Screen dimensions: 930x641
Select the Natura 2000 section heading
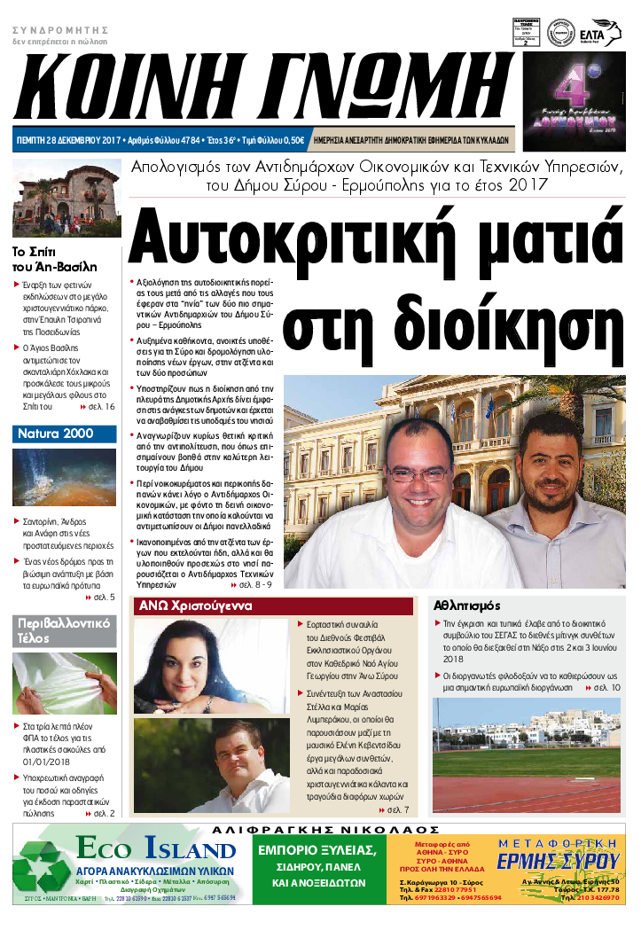(55, 434)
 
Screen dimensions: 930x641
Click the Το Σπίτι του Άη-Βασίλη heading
(55, 258)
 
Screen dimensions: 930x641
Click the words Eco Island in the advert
(154, 849)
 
